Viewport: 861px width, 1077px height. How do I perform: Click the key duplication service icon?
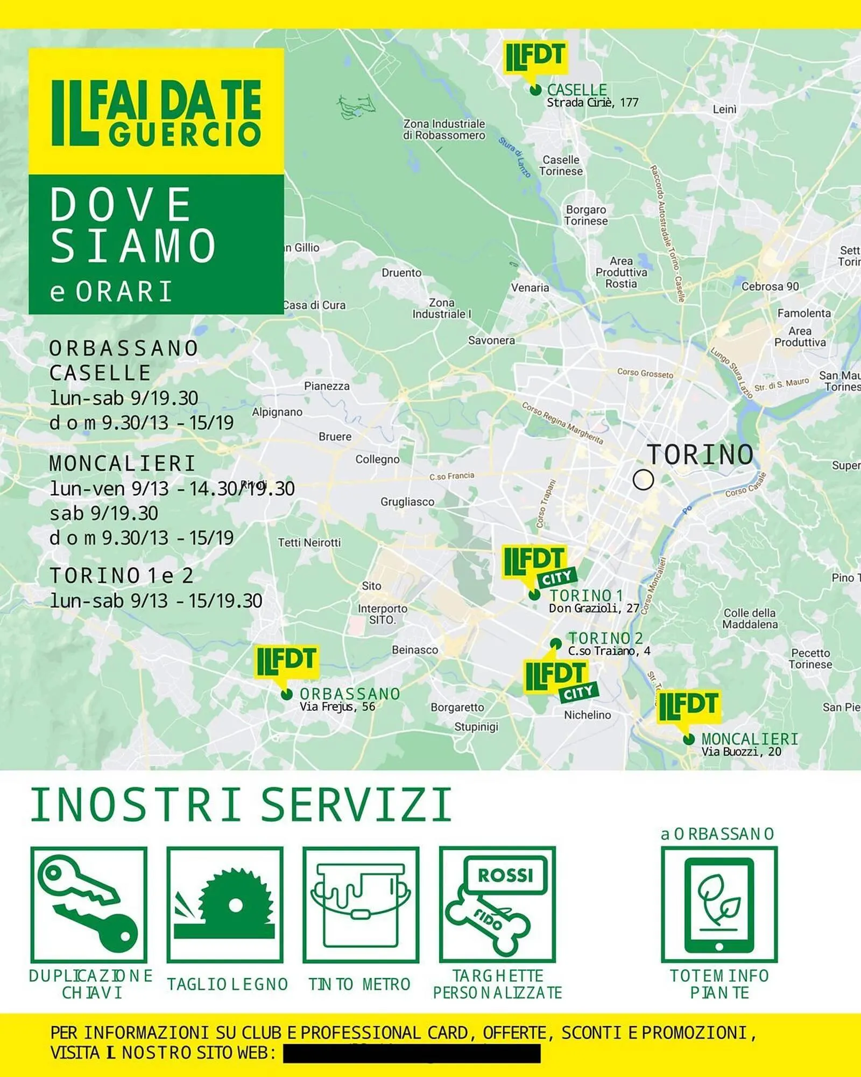tap(89, 905)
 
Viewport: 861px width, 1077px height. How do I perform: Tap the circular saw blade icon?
tap(225, 905)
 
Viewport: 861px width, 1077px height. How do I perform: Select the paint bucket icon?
tap(361, 905)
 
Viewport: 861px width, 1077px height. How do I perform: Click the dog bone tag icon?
tap(497, 905)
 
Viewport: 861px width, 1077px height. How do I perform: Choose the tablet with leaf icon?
tap(719, 905)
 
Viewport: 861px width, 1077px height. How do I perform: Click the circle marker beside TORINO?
tap(643, 479)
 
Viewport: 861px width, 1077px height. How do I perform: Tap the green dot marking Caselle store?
tap(535, 90)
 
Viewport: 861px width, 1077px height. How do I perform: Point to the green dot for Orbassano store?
tap(287, 695)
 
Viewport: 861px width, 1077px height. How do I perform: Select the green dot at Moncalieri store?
tap(688, 739)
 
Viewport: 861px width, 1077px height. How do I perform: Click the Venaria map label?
tap(530, 288)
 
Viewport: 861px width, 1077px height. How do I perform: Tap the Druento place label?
tap(401, 272)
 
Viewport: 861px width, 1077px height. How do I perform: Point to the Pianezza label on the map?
tap(327, 386)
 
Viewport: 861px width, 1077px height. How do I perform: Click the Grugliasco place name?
tap(407, 501)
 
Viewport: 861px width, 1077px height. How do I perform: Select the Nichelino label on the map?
tap(587, 715)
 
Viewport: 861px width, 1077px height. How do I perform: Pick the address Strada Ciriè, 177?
tap(592, 102)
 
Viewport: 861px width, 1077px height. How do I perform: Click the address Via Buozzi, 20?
tap(741, 752)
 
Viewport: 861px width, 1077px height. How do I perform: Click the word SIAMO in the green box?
tap(133, 246)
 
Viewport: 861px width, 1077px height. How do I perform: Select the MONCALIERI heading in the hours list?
tap(122, 463)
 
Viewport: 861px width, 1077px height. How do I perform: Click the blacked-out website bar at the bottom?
tap(412, 1053)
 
